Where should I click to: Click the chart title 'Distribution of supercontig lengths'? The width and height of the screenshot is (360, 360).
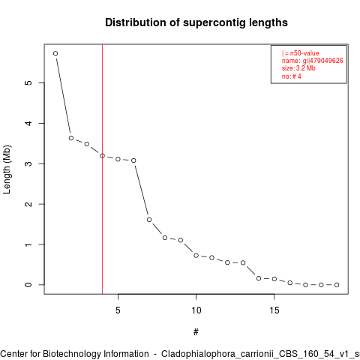click(x=196, y=22)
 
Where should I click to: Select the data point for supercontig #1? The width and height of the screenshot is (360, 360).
click(x=55, y=53)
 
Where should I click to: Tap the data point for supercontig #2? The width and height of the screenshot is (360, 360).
click(x=71, y=138)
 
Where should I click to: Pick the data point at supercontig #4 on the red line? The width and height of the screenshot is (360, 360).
click(x=102, y=156)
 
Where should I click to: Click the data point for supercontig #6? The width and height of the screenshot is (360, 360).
click(x=133, y=160)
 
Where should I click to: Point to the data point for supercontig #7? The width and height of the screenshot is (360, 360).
click(x=149, y=220)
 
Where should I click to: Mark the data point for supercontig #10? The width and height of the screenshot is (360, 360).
click(x=196, y=256)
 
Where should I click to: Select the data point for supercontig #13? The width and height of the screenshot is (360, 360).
click(x=243, y=262)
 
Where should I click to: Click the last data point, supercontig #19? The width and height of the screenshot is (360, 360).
click(x=337, y=285)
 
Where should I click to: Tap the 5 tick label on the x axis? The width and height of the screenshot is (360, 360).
click(x=118, y=310)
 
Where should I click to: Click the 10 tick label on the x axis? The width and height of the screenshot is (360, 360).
click(x=196, y=310)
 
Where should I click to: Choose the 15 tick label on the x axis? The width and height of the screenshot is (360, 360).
click(x=274, y=310)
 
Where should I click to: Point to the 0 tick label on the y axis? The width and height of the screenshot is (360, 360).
click(x=28, y=285)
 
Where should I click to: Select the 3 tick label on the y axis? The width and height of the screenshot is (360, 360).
click(x=28, y=163)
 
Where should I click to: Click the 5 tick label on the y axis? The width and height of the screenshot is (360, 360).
click(x=28, y=82)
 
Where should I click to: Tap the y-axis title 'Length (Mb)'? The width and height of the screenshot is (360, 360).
click(x=7, y=169)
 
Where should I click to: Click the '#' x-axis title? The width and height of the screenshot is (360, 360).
click(x=196, y=332)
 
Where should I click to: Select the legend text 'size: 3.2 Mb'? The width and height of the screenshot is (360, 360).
click(x=298, y=68)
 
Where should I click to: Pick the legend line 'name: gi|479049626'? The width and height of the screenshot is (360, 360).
click(x=313, y=61)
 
